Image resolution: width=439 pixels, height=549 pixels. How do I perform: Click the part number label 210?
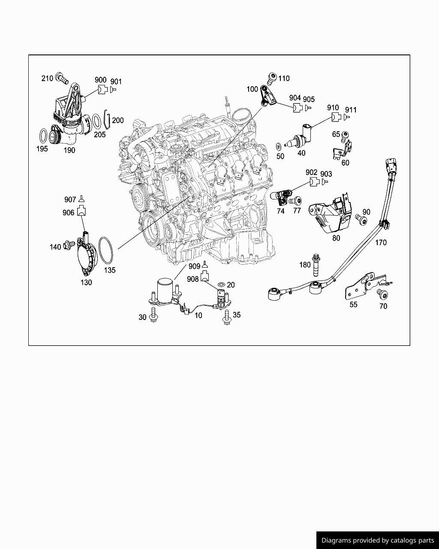click(47, 78)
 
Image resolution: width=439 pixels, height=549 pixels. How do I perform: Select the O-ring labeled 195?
click(43, 136)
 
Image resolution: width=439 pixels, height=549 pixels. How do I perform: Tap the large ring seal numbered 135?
click(106, 251)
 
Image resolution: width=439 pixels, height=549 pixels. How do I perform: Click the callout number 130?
click(86, 282)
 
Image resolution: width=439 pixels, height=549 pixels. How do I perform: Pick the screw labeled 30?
click(153, 317)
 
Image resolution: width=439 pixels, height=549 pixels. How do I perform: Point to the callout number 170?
click(381, 242)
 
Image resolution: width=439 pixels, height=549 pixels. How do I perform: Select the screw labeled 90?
click(361, 220)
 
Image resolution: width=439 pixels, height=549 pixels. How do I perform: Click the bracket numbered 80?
click(331, 214)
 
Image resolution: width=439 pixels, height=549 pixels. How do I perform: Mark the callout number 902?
click(312, 172)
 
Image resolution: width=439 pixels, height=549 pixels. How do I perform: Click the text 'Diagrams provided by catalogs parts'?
click(378, 540)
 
